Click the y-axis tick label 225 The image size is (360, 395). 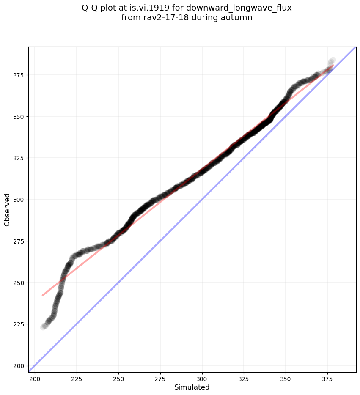point(19,324)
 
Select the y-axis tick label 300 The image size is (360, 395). point(19,200)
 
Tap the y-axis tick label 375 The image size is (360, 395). point(19,75)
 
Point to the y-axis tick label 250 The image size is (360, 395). point(19,283)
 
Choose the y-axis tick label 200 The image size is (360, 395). point(19,366)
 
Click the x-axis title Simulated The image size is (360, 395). point(192,387)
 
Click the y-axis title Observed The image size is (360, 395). point(7,209)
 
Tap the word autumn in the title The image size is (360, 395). point(237,18)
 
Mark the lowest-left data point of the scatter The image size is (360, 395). point(43,327)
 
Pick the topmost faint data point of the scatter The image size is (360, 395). point(333,60)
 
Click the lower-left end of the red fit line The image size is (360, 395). point(42,295)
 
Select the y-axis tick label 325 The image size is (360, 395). point(19,158)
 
